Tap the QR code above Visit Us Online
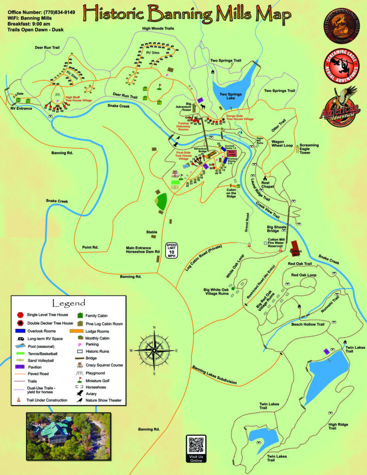click(x=196, y=445)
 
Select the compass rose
click(x=154, y=350)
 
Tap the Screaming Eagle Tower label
click(x=309, y=148)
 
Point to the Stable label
click(x=151, y=232)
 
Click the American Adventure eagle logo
click(x=340, y=107)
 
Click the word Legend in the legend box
click(x=69, y=303)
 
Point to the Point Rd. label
click(x=90, y=247)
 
